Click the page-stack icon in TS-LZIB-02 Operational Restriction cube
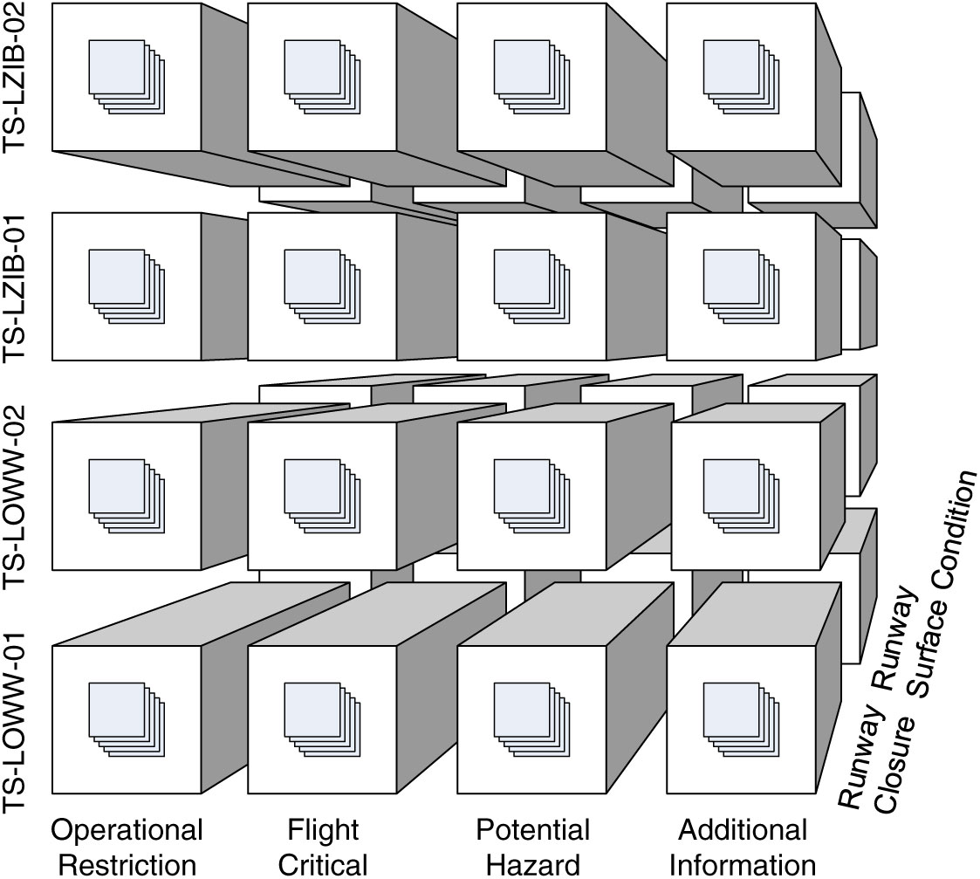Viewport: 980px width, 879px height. point(127,77)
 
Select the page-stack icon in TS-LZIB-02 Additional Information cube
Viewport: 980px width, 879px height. point(742,77)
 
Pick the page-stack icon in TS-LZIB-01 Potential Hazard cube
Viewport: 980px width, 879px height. point(531,286)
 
